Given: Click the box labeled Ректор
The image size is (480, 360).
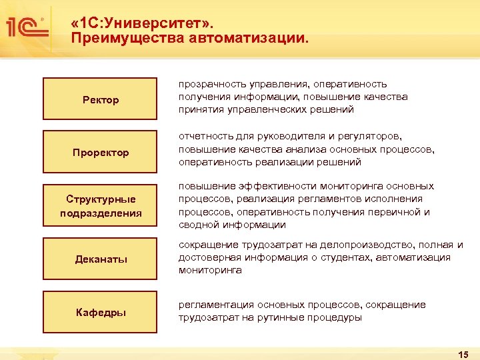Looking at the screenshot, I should click(x=101, y=99).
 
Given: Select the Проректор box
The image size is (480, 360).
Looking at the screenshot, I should click(x=101, y=153).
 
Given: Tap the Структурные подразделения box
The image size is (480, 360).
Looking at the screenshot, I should click(x=101, y=206).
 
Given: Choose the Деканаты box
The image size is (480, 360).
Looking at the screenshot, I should click(x=101, y=259).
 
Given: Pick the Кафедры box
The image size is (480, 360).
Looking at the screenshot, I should click(x=101, y=312).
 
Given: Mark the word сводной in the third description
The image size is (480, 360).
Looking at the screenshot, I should click(x=197, y=225).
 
